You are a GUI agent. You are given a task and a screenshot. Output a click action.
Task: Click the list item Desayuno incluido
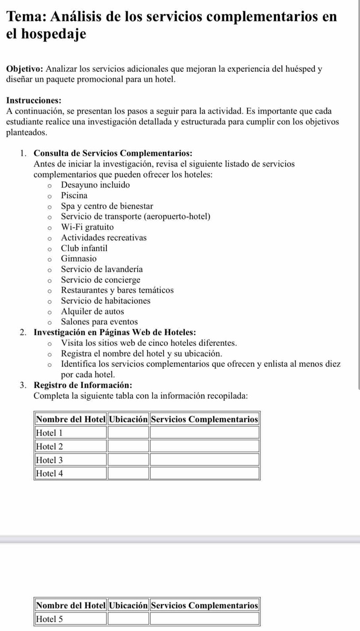point(95,185)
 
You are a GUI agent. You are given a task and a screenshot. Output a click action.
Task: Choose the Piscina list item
point(74,196)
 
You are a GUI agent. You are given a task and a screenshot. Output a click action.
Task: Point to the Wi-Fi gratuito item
point(87,227)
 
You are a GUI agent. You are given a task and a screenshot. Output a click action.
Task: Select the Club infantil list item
point(84,248)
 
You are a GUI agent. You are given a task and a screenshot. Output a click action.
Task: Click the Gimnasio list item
point(79,259)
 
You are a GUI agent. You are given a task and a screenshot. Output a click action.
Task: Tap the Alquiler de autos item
point(92,312)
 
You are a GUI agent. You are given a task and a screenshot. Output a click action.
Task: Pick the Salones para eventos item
point(99,322)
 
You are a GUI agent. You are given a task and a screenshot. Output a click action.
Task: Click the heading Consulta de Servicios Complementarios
point(113,153)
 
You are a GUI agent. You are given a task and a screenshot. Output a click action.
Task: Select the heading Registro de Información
point(83,385)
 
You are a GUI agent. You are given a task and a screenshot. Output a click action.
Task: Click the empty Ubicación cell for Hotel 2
point(128,446)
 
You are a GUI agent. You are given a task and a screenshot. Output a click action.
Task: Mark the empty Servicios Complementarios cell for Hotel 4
point(205,474)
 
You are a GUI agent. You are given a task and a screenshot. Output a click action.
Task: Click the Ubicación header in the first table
point(128,419)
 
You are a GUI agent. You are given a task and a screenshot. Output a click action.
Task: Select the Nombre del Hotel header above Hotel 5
point(71,606)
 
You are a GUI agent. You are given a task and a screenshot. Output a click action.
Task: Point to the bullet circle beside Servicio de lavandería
point(49,270)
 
